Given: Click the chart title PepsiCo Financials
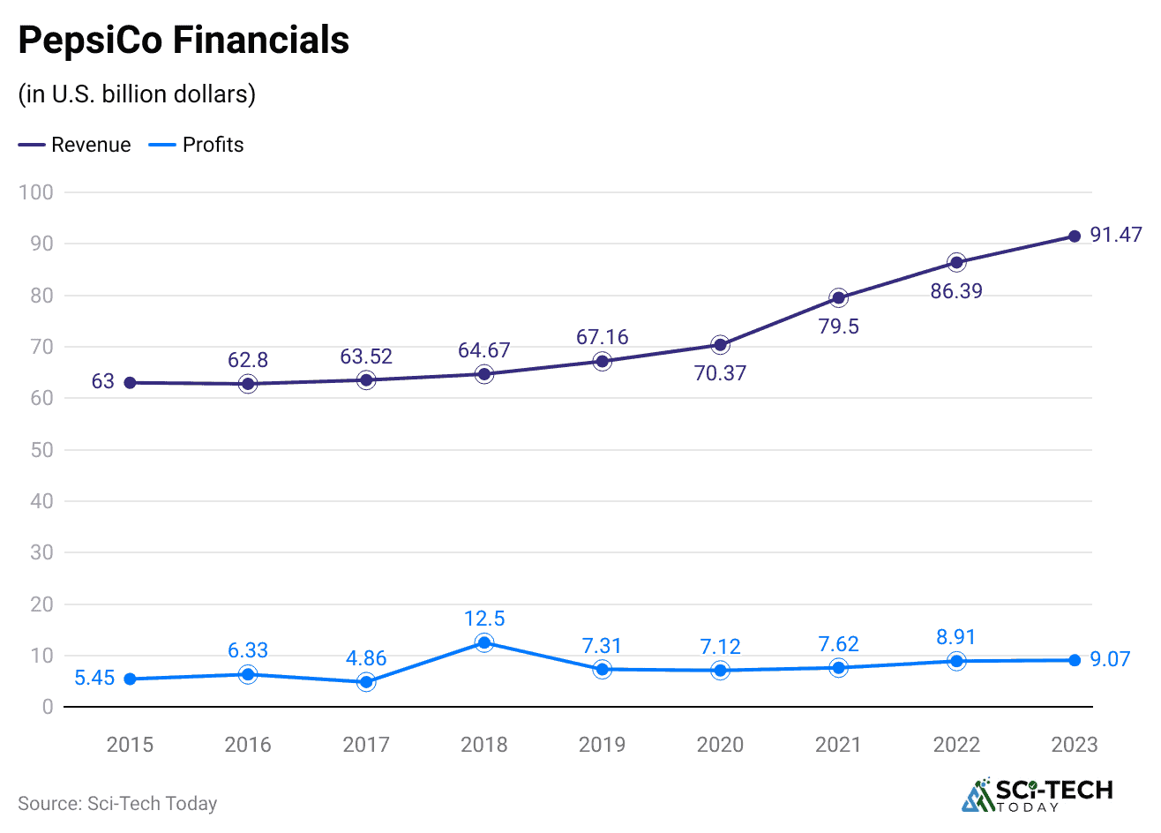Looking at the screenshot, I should [184, 41].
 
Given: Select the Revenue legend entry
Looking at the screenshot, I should [75, 145].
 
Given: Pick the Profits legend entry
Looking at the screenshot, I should [197, 145].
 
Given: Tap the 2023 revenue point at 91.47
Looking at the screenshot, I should [1075, 236].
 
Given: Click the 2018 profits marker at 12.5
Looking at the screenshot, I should [483, 642].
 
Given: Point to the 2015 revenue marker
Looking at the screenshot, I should [130, 383].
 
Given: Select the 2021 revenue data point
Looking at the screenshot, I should [838, 297].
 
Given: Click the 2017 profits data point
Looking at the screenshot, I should [366, 681].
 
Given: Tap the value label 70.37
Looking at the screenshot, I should [720, 373].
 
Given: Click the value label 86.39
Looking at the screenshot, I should [956, 291].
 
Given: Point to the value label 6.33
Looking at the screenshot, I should [248, 650].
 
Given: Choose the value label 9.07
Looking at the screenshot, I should [1110, 659].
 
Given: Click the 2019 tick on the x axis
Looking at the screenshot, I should [602, 745].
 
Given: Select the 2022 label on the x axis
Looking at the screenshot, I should [956, 745].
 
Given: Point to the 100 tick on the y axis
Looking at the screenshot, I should [35, 192].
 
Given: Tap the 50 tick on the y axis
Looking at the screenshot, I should [41, 450].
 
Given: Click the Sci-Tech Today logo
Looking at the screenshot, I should [1037, 794].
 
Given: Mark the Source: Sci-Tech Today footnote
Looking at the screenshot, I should [117, 803].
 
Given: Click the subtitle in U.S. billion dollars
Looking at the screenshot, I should [137, 94].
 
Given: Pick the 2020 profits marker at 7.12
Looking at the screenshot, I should [720, 671].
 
